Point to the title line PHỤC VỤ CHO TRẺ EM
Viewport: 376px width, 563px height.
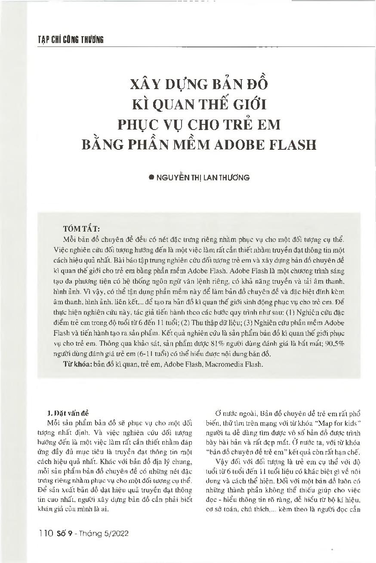(x=199, y=124)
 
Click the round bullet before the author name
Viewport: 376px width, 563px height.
(x=151, y=177)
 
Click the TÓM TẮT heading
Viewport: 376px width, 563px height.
(x=81, y=228)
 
